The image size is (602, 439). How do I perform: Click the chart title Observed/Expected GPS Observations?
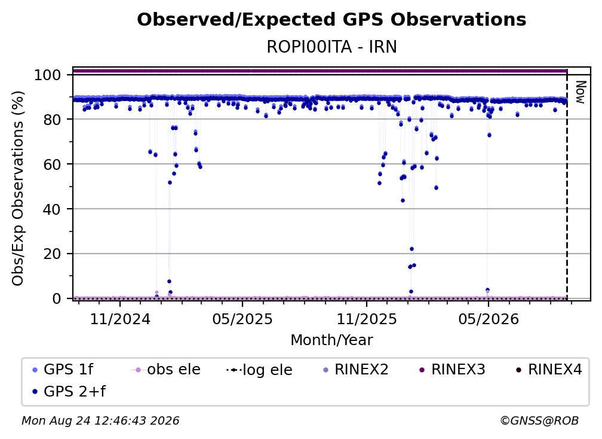(x=331, y=20)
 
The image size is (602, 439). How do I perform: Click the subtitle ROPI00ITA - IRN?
(x=331, y=47)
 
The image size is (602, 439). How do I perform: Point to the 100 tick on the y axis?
(x=48, y=75)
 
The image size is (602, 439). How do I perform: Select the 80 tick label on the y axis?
(x=52, y=120)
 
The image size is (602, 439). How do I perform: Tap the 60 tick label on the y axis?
(x=52, y=164)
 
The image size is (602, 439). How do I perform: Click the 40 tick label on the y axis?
(x=52, y=209)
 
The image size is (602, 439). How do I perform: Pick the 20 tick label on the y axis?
(x=52, y=254)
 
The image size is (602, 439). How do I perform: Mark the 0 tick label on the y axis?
(x=57, y=298)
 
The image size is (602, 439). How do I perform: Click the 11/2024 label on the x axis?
(x=120, y=319)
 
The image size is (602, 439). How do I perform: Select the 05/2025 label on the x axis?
(x=242, y=319)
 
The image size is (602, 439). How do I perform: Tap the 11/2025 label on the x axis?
(x=367, y=319)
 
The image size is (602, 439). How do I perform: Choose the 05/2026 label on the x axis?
(x=489, y=319)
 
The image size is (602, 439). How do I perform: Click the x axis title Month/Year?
(x=331, y=340)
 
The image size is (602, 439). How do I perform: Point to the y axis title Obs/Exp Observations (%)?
(x=18, y=188)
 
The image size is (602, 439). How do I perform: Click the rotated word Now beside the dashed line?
(x=580, y=92)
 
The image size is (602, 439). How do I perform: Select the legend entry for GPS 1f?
(x=63, y=370)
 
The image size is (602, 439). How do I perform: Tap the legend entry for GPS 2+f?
(x=69, y=391)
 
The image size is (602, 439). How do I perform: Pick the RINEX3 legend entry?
(x=452, y=370)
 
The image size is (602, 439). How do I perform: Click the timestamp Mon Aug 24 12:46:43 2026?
(x=100, y=420)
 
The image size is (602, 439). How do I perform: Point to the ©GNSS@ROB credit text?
(x=539, y=420)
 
